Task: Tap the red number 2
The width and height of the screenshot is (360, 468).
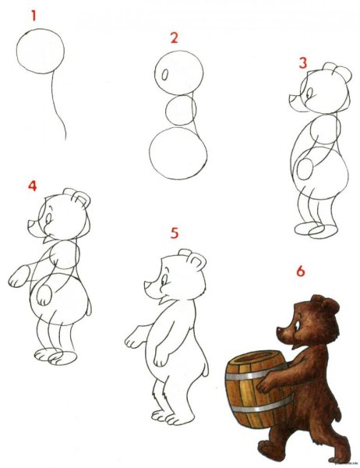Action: [174, 37]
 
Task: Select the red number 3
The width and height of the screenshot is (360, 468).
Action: [303, 63]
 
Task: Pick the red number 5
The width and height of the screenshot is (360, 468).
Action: [175, 233]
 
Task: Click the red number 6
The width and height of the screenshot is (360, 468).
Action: [301, 271]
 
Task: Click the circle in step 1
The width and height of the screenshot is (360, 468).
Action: [41, 51]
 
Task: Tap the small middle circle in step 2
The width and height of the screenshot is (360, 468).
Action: [181, 108]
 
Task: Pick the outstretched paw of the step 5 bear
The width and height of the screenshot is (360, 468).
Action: [134, 339]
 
